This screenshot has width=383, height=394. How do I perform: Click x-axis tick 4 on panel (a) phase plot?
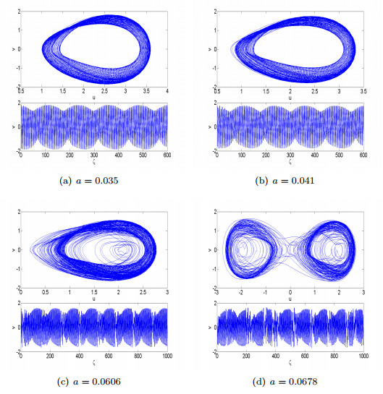167,91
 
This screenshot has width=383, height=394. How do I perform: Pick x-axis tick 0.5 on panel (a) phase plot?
22,91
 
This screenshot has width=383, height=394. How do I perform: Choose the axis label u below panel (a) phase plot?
94,96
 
